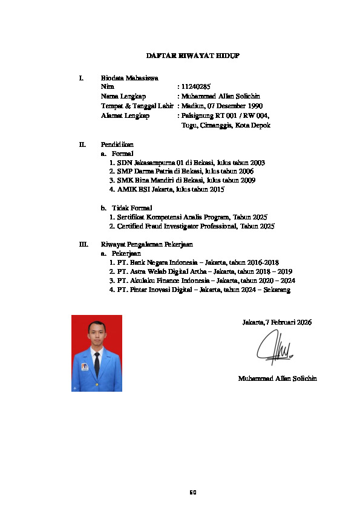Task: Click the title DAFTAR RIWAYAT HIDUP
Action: (x=193, y=56)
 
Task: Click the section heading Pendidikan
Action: (x=117, y=144)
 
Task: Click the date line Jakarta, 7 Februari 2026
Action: (x=277, y=323)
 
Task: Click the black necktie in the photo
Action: (x=97, y=364)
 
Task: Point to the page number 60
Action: (x=193, y=492)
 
